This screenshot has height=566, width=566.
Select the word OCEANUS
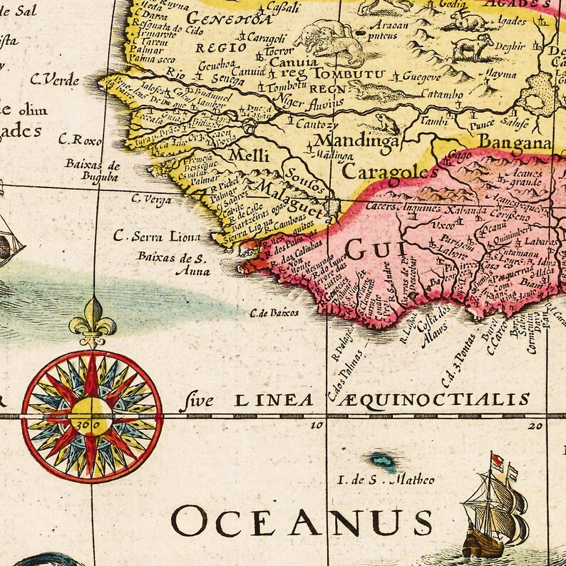click(x=302, y=523)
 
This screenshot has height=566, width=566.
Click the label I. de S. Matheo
click(x=387, y=480)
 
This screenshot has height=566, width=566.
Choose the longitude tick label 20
click(x=535, y=426)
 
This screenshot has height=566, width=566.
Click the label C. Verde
click(x=55, y=80)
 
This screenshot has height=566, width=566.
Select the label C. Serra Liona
click(x=158, y=237)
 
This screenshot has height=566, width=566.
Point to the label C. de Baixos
click(x=274, y=312)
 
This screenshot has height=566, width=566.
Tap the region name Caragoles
click(x=389, y=172)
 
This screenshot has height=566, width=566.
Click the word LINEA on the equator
click(x=274, y=401)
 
